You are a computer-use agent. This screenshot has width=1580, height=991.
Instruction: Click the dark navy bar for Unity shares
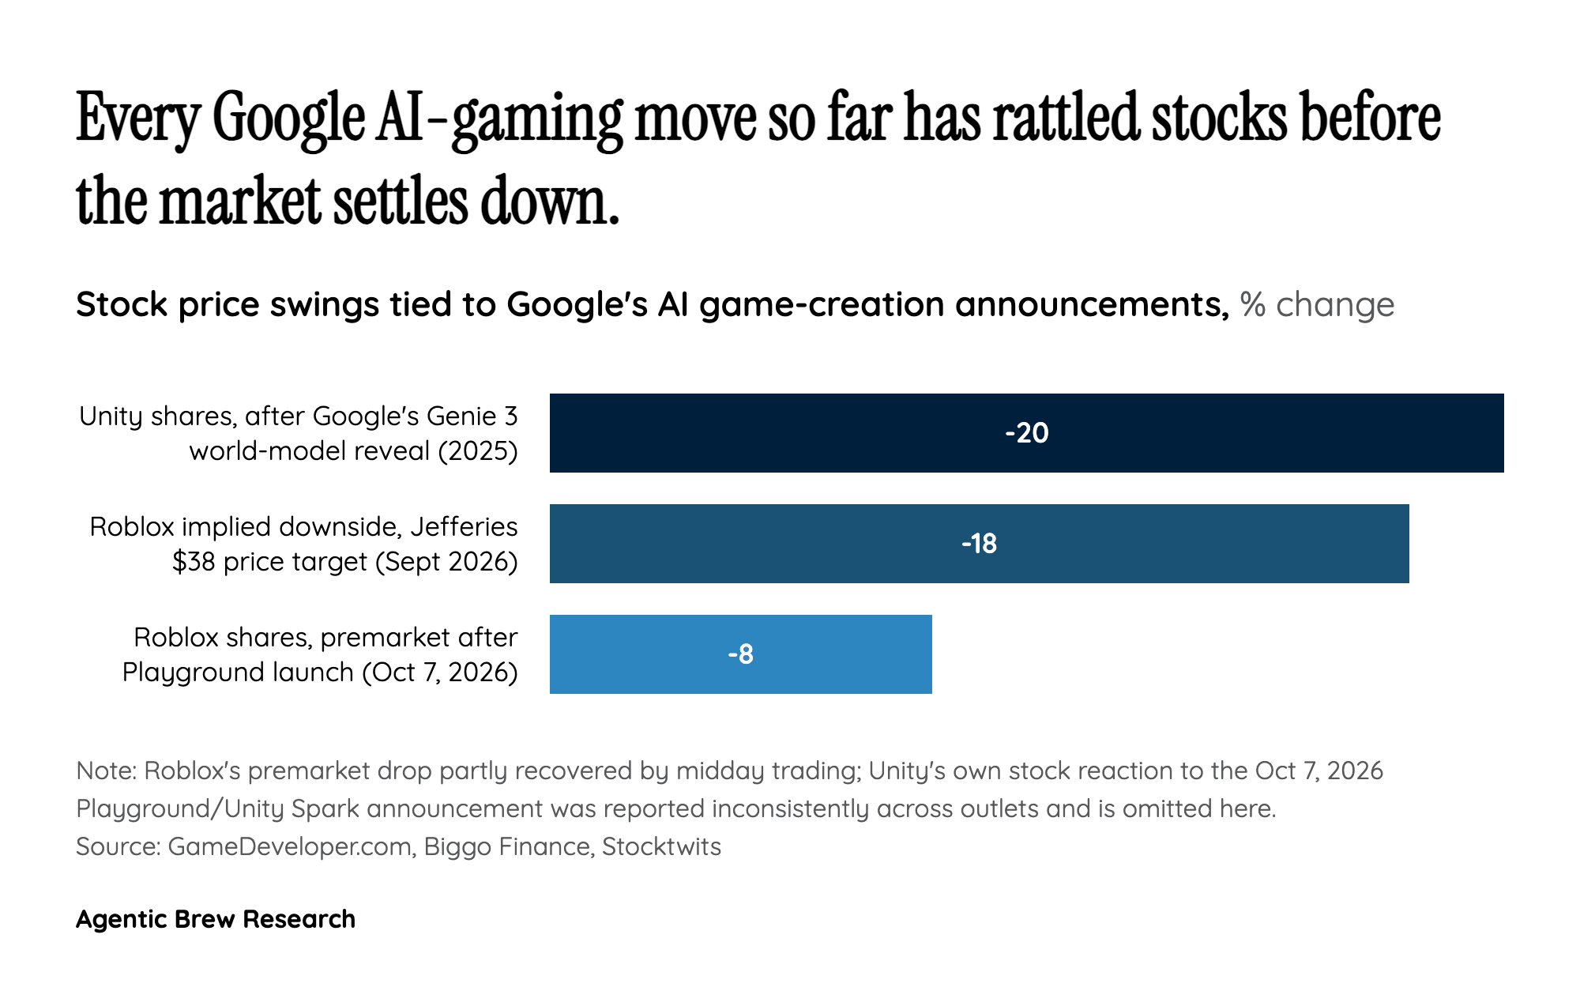pyautogui.click(x=1027, y=433)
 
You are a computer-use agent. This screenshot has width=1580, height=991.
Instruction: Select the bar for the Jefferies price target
pyautogui.click(x=980, y=544)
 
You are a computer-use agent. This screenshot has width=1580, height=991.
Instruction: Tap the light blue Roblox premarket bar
pyautogui.click(x=741, y=654)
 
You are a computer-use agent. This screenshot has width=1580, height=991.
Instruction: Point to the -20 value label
pyautogui.click(x=1027, y=433)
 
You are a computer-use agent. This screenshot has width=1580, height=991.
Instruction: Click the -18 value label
pyautogui.click(x=980, y=544)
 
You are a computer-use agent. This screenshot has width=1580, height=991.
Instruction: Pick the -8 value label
pyautogui.click(x=741, y=654)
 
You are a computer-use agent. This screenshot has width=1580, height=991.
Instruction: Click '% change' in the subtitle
pyautogui.click(x=1317, y=304)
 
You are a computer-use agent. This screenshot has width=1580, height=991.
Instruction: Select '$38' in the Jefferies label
pyautogui.click(x=194, y=561)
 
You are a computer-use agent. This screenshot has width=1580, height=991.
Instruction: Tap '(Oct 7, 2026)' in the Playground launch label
pyautogui.click(x=440, y=672)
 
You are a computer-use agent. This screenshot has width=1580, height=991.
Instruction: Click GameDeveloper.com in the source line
pyautogui.click(x=289, y=846)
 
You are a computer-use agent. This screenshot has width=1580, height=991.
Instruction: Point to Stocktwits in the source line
pyautogui.click(x=661, y=846)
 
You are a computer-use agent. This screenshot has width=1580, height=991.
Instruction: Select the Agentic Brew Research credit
pyautogui.click(x=216, y=919)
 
